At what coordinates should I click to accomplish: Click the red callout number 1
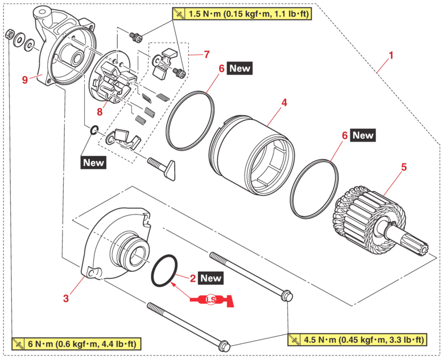point(391,56)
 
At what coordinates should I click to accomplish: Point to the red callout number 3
point(66,297)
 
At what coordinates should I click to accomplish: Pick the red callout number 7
point(207,55)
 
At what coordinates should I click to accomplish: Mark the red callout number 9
point(24,80)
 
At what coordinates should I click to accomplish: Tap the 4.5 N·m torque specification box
point(357,340)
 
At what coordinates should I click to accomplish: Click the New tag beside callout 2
point(211,279)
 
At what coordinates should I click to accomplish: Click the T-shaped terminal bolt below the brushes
point(162,167)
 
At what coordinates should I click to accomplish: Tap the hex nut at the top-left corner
point(9,35)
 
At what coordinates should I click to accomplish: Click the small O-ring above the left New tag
point(94,132)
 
